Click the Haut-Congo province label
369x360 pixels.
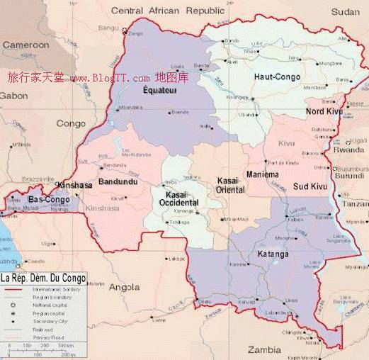coord(277,76)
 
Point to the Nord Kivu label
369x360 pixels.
coord(324,111)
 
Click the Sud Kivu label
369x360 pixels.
coord(310,186)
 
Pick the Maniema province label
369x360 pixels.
coord(263,174)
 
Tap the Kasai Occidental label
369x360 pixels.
coord(181,198)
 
